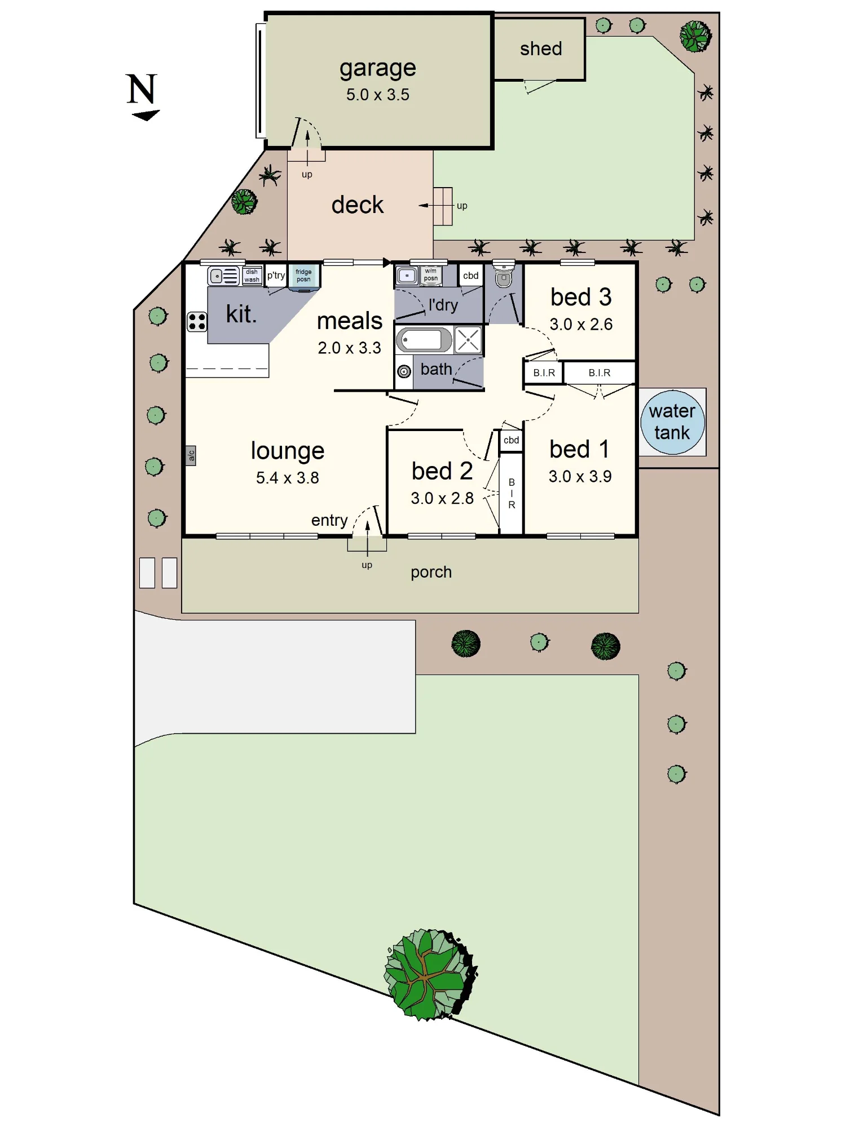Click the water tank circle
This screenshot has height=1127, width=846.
[x=672, y=422]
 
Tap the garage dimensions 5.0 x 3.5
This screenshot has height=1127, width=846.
[x=378, y=95]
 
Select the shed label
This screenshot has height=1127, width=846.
[x=541, y=49]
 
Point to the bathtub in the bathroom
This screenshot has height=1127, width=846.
[x=424, y=340]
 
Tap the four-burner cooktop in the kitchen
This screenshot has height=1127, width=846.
[x=197, y=322]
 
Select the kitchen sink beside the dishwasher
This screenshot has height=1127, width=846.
[x=224, y=276]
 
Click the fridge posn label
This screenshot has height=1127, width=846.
[x=303, y=276]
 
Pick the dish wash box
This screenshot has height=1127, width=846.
[x=252, y=276]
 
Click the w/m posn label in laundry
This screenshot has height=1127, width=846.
[x=431, y=274]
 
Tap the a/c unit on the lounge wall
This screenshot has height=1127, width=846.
[x=191, y=455]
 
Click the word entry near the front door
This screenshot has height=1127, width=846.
[x=329, y=520]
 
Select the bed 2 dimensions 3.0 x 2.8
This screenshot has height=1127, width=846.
[x=442, y=498]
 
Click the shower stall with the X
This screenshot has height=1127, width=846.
[x=468, y=340]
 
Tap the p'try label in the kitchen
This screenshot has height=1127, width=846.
[x=276, y=276]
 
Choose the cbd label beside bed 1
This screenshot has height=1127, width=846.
[x=512, y=440]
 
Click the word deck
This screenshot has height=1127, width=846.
[x=358, y=205]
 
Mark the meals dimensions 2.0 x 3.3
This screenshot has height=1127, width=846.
[x=350, y=348]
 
